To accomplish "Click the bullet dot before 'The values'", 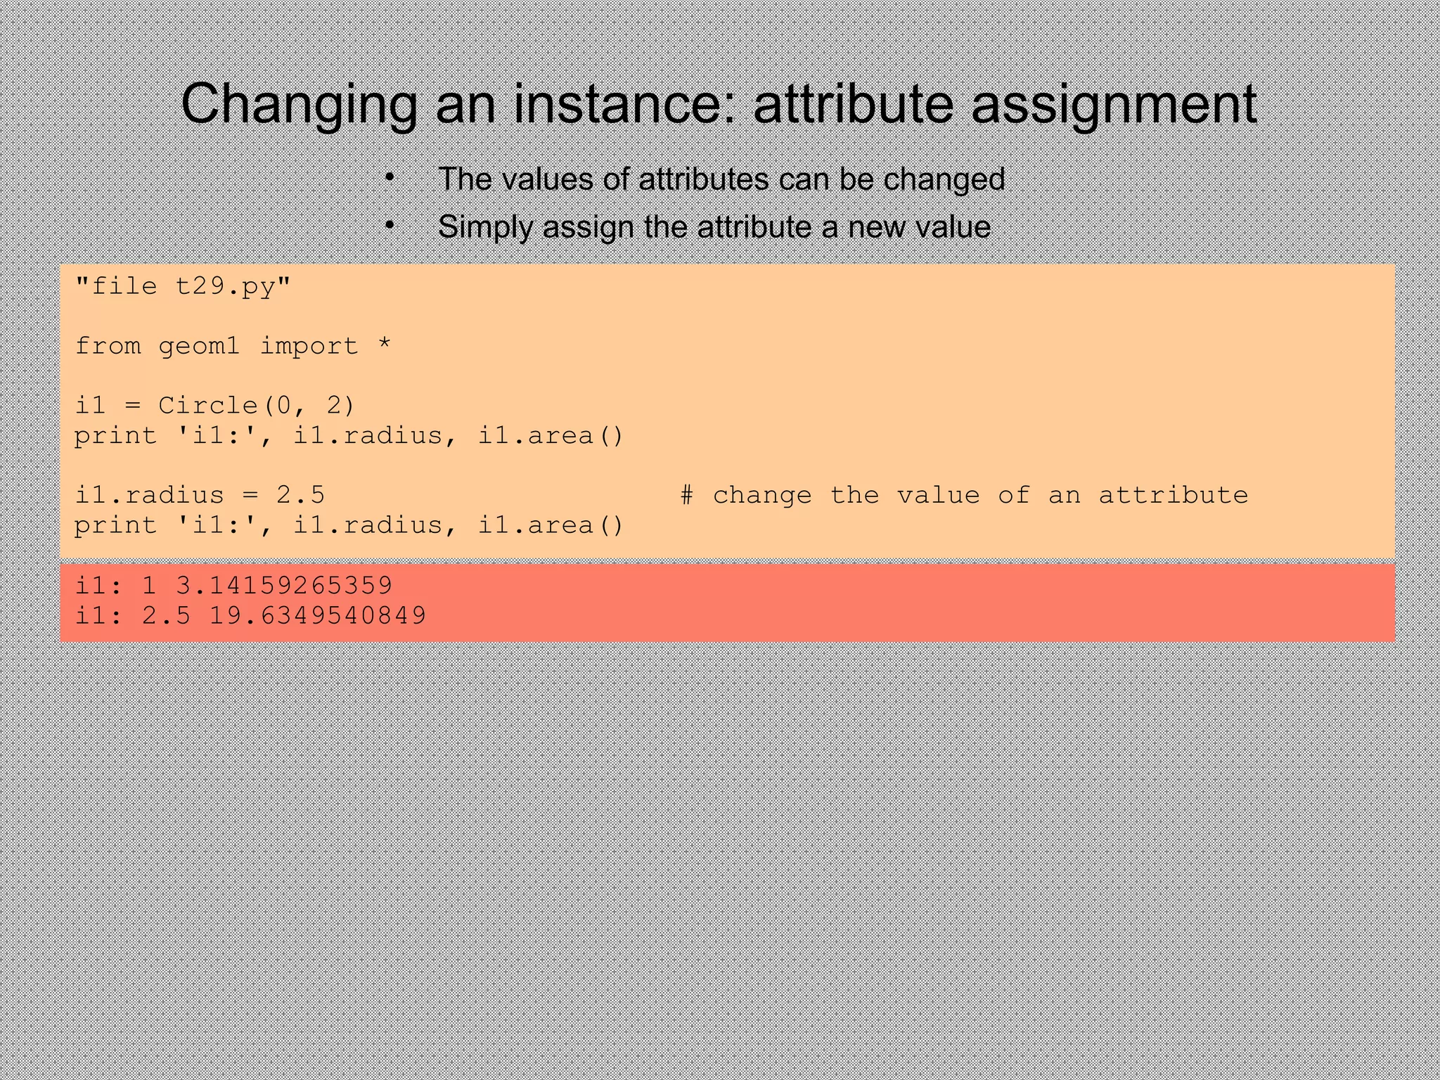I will (x=389, y=178).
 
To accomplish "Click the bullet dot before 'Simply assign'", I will (x=389, y=225).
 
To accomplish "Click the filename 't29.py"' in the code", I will (x=233, y=286).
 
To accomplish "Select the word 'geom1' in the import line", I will (x=199, y=346).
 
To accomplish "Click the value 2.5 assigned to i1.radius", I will (x=300, y=495).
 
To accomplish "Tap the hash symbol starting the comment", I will (x=687, y=495).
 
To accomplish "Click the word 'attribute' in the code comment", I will (x=1173, y=495).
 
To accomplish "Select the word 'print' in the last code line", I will (x=115, y=525).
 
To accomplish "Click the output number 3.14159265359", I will (x=283, y=585).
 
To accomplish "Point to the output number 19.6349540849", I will (x=318, y=615).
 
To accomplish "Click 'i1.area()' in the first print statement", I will (x=551, y=436).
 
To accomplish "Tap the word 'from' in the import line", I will (x=108, y=346).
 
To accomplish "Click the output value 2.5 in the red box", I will (x=166, y=615).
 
